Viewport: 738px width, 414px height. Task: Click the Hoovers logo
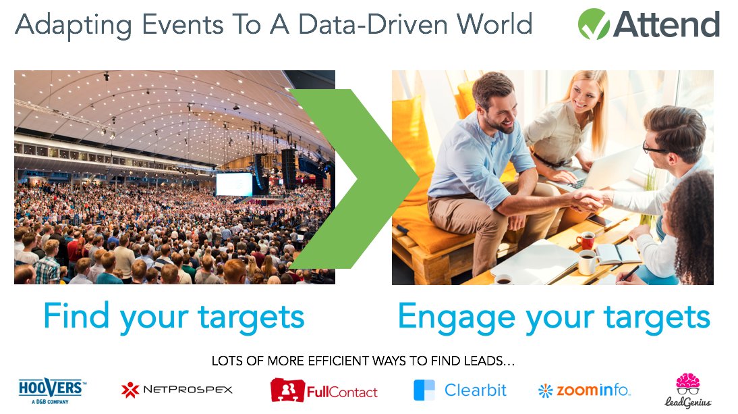51,390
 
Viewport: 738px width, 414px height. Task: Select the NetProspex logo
177,390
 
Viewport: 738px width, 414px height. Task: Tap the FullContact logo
324,390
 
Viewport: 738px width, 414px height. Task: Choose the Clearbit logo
459,390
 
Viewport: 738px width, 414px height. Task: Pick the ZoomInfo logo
584,390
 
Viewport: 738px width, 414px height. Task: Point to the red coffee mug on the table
586,240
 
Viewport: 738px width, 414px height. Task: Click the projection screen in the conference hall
233,184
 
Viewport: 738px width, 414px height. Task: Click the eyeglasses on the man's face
656,148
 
